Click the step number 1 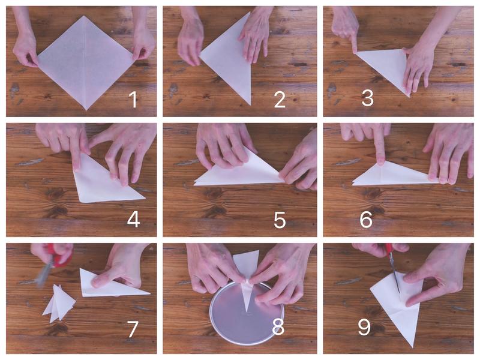[133, 100]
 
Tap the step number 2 [280, 100]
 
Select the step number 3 [367, 98]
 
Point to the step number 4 [133, 220]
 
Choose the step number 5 [280, 220]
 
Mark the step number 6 [366, 220]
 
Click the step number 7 [132, 329]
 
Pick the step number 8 [278, 327]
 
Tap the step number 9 [365, 327]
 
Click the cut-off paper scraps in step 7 [59, 303]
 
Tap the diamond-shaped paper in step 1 [86, 63]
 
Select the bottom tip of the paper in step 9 [413, 347]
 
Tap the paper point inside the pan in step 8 [246, 297]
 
